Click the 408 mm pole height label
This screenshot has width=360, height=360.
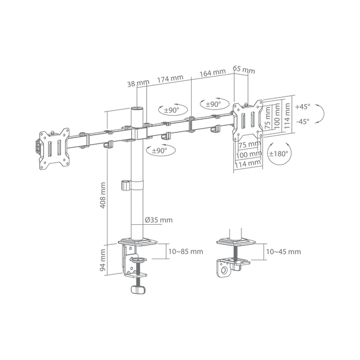[103, 196]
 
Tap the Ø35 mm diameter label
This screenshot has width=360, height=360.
[158, 220]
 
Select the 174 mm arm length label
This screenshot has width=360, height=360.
[170, 79]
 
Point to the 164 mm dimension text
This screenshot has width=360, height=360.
[213, 73]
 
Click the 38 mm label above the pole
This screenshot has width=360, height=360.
[138, 83]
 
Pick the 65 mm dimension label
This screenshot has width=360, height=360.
[244, 69]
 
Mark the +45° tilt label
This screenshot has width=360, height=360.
[302, 106]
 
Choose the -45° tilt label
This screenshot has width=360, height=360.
[302, 121]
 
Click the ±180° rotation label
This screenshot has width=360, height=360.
[279, 153]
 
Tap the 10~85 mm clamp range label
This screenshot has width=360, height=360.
[186, 251]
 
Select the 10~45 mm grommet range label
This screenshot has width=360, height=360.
[284, 251]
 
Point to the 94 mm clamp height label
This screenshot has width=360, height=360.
[103, 260]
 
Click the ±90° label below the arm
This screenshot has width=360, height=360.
[160, 151]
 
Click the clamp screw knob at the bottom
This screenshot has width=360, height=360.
[138, 289]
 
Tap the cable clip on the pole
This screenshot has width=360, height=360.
[126, 186]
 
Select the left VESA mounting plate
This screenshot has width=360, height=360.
[54, 149]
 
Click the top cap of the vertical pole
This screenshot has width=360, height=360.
[137, 108]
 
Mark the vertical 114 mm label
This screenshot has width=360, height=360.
[287, 116]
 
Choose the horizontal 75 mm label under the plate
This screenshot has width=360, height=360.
[250, 144]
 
